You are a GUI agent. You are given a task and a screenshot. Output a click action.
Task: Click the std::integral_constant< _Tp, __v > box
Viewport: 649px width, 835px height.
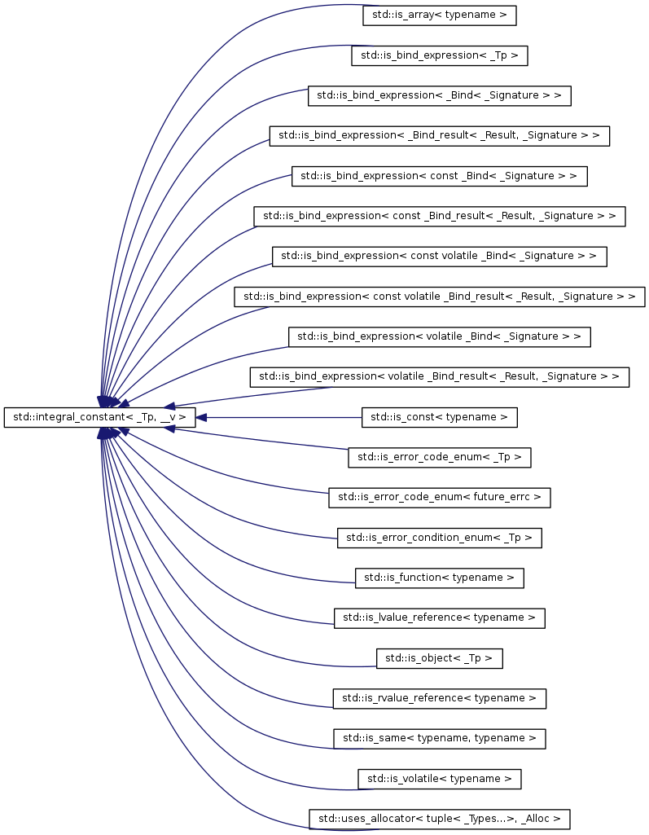[99, 417]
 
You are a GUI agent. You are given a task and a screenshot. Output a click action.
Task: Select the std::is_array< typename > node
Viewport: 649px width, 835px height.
[439, 15]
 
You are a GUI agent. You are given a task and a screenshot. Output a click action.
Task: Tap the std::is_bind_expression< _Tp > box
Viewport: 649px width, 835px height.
[439, 55]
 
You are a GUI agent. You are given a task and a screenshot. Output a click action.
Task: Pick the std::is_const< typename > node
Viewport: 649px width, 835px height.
[439, 417]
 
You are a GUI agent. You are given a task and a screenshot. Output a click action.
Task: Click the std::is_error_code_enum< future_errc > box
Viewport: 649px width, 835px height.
[439, 498]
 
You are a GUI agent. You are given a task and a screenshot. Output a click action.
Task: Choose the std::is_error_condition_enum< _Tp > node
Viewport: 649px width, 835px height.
[439, 538]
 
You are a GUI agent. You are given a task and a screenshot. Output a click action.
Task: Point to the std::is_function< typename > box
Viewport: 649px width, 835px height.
[439, 578]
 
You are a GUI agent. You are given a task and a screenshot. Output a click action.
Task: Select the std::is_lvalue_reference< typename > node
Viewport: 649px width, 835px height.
[439, 617]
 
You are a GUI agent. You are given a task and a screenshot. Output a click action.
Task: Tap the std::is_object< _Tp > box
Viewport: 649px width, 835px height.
[439, 658]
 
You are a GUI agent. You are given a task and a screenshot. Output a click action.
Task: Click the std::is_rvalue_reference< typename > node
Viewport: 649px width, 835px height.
[439, 698]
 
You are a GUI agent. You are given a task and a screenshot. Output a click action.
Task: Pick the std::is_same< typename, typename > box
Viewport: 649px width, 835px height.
[439, 739]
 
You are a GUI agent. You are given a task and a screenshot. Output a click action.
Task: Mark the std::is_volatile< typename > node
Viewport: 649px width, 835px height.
[439, 779]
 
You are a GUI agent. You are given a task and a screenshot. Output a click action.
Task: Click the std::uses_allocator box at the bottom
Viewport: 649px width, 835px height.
[439, 819]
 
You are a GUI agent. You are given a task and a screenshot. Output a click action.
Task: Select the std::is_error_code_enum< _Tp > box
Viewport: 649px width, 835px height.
[439, 457]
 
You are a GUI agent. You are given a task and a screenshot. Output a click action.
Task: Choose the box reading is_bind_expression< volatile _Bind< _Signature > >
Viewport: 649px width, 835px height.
[439, 336]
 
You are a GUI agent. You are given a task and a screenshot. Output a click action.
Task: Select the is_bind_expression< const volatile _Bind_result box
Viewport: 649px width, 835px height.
[439, 297]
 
